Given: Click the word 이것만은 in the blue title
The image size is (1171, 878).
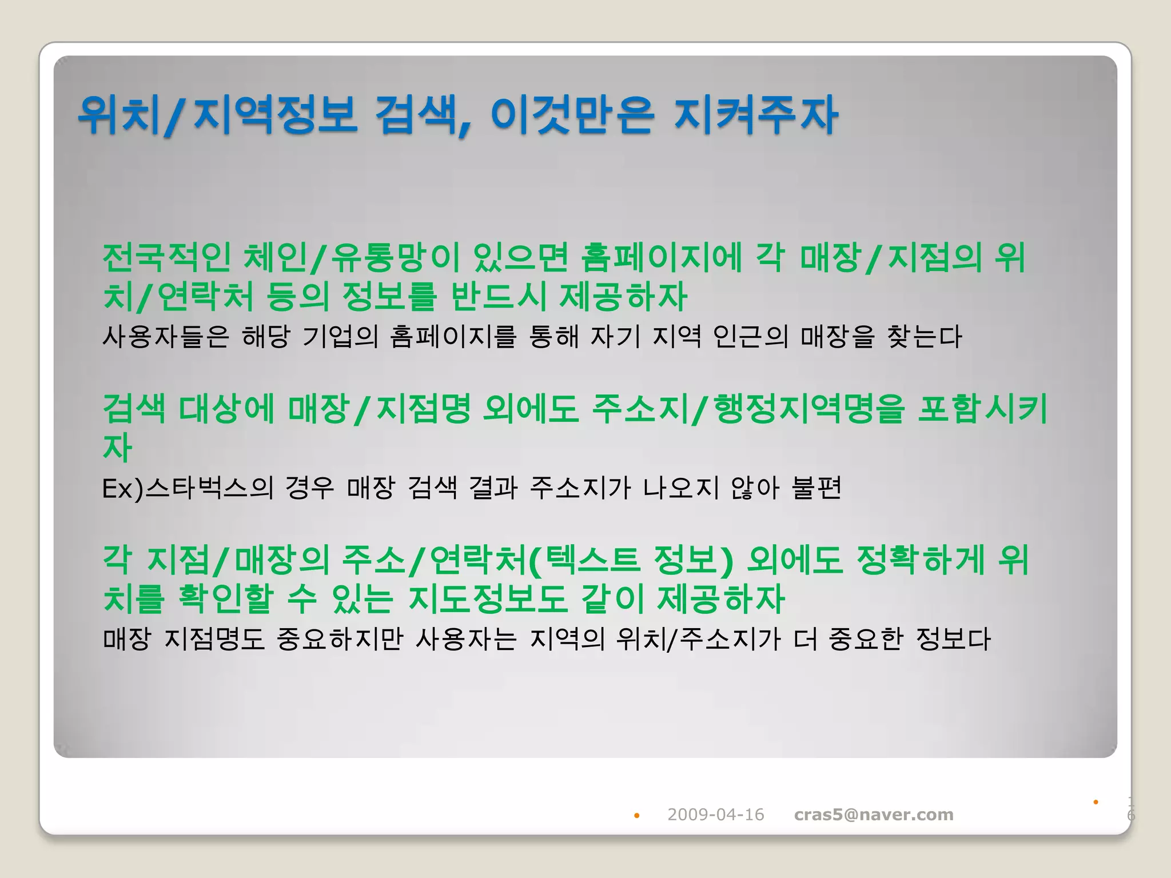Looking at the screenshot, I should [x=572, y=115].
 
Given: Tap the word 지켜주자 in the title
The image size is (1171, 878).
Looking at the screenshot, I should [x=756, y=115].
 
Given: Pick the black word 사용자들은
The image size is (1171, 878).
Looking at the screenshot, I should [x=165, y=336].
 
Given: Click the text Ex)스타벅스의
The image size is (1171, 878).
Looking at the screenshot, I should [x=188, y=488].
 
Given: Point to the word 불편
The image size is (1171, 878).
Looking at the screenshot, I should [x=816, y=488].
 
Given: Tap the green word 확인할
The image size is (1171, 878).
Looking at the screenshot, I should [x=226, y=598].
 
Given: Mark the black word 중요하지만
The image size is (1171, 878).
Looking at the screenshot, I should [x=340, y=638].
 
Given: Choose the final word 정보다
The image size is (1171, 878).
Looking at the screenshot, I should [x=953, y=638].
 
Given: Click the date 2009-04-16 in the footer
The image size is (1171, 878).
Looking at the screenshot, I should [x=715, y=815].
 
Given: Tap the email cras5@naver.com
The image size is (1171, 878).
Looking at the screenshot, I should [x=874, y=815].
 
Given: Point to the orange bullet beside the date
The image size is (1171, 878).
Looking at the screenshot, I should [x=636, y=816].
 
